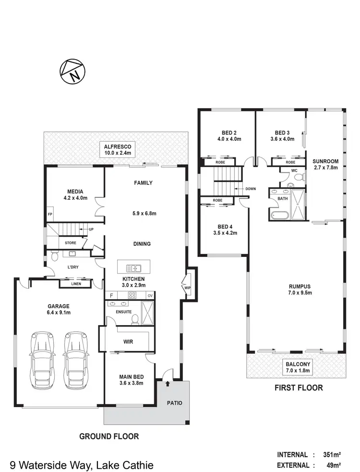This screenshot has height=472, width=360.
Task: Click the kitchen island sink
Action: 133,268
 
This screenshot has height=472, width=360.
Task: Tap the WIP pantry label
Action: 187,288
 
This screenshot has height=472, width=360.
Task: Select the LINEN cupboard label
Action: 76,284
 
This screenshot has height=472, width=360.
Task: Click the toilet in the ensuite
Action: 135,318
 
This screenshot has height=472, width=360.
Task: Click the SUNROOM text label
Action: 325,161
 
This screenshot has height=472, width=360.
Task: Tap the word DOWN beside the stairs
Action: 251,189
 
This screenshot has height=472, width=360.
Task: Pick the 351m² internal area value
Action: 331,454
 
